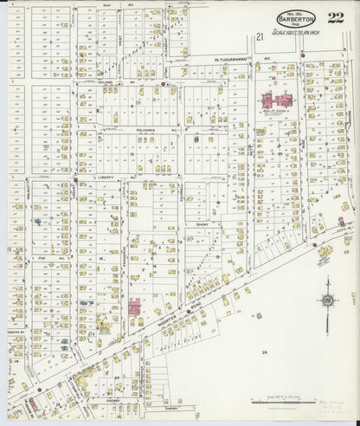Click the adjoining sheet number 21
point(260,36)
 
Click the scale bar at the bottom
point(277,403)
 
